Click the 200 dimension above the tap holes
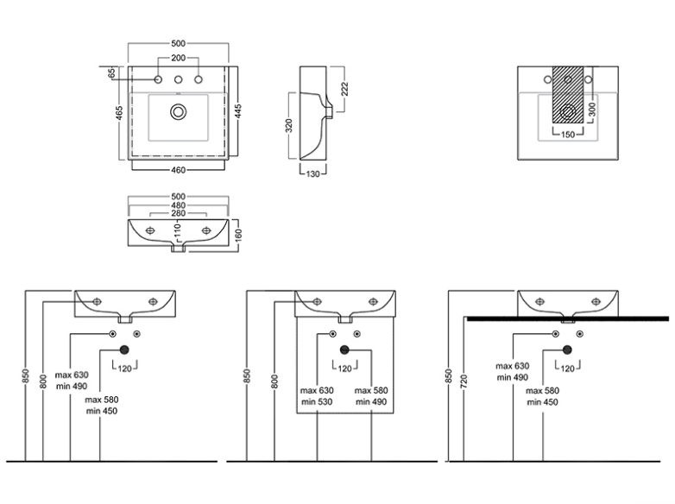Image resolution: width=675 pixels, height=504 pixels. [x=179, y=58]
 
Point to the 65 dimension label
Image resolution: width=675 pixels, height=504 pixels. [x=111, y=75]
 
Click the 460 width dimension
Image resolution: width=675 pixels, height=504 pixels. [x=179, y=169]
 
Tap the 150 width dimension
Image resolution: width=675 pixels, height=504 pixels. [x=568, y=135]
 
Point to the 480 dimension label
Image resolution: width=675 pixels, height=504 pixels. [x=179, y=205]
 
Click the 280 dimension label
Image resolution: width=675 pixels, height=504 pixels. [x=179, y=213]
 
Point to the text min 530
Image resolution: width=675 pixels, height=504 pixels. [x=315, y=401]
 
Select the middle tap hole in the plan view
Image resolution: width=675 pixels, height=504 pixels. [x=179, y=80]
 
